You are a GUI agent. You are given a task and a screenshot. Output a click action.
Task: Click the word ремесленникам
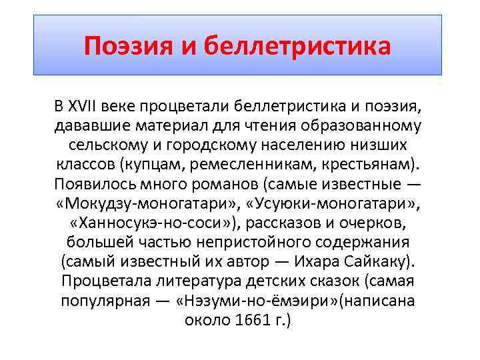(x=249, y=164)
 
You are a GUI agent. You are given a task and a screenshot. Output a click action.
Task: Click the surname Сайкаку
(x=377, y=261)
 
